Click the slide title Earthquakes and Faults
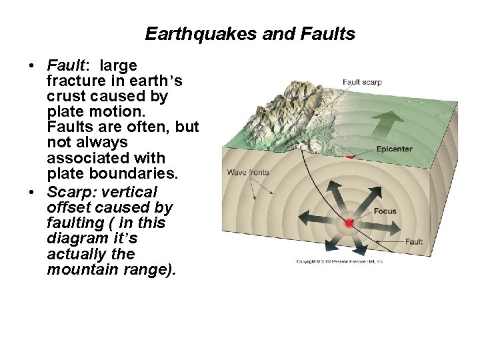click(x=250, y=33)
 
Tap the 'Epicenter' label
click(x=394, y=149)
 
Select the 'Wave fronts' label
click(x=247, y=172)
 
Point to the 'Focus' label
click(x=385, y=211)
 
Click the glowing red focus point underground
click(x=349, y=223)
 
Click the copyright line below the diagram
click(x=340, y=262)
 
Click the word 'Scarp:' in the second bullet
click(x=70, y=192)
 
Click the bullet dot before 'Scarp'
click(x=31, y=192)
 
